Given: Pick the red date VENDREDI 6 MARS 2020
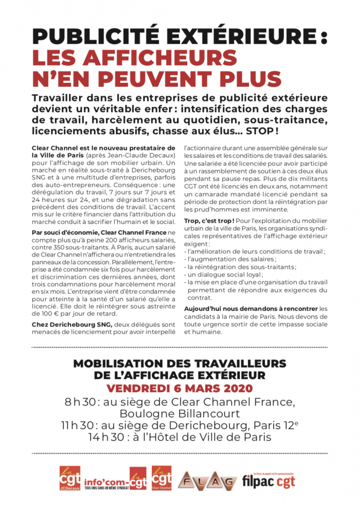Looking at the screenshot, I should [179, 388].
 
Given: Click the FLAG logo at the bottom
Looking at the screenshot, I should [207, 481].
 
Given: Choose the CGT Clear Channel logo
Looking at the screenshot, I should [162, 479].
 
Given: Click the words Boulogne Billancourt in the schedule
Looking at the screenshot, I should [179, 414].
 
